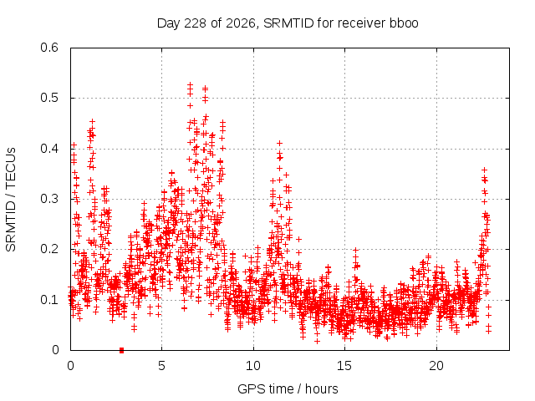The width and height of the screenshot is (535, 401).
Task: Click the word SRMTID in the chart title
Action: [288, 23]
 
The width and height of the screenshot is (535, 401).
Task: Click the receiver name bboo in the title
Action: [404, 23]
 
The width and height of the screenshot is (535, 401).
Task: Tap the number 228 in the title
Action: [195, 23]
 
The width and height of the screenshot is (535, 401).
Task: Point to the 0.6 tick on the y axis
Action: [49, 48]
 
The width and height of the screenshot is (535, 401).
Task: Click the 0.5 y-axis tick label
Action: [49, 98]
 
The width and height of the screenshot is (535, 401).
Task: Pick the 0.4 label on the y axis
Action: [49, 149]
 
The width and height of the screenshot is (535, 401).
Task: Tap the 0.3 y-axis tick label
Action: [49, 199]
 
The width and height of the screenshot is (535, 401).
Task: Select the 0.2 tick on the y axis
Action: [49, 249]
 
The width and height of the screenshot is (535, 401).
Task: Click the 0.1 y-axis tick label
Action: [49, 300]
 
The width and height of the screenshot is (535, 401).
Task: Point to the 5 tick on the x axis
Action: [161, 366]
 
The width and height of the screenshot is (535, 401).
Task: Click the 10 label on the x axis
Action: [252, 366]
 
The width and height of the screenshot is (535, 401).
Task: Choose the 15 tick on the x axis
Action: [344, 366]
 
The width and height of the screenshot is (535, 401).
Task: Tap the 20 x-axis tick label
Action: [436, 366]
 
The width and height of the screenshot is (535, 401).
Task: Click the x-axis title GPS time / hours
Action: [288, 389]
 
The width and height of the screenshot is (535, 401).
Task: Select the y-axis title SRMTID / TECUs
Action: [11, 200]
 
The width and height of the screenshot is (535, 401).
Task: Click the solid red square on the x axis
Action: [121, 350]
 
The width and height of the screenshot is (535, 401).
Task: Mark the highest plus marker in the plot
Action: [190, 84]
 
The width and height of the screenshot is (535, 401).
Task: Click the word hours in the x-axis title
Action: [321, 389]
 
